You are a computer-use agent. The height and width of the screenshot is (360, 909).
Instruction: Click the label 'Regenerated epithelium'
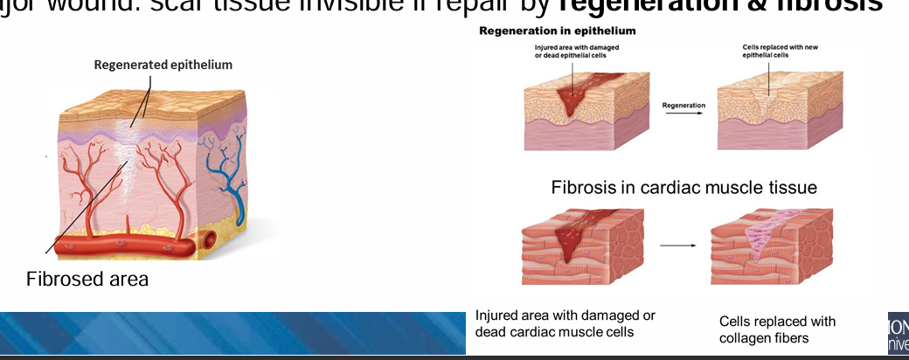tap(163, 65)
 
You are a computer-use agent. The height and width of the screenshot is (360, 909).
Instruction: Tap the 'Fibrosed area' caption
tap(87, 280)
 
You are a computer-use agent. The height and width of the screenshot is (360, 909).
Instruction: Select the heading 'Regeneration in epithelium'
tap(557, 31)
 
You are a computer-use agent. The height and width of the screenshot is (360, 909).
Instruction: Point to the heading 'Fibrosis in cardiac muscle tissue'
tap(683, 188)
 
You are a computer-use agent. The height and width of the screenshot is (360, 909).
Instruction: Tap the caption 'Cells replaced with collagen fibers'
tap(777, 329)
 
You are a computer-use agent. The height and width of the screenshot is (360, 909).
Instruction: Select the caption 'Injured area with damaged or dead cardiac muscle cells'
tap(565, 323)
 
